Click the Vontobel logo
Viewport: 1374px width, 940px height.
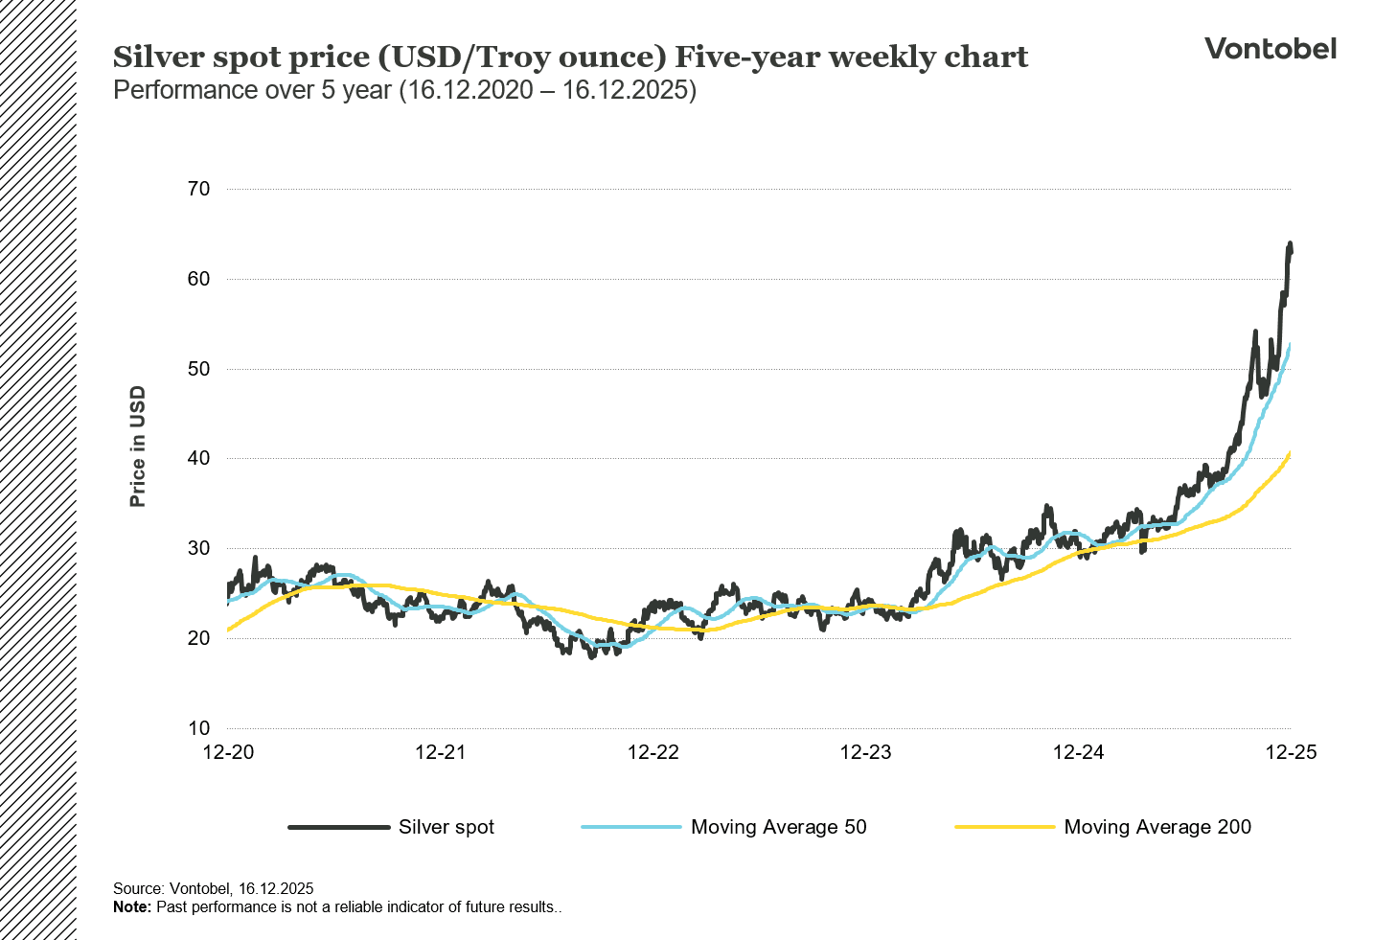(x=1270, y=49)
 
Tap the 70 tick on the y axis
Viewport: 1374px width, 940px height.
(x=198, y=189)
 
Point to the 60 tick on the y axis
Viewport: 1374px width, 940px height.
(x=198, y=279)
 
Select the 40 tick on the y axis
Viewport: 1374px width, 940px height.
(x=198, y=458)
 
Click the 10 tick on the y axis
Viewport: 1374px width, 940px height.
(x=198, y=728)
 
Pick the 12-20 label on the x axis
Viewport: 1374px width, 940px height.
(x=228, y=752)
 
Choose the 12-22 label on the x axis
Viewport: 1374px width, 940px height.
(x=653, y=752)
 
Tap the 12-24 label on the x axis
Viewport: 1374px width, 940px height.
(x=1078, y=752)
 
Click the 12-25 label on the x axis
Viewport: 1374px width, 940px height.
(x=1291, y=752)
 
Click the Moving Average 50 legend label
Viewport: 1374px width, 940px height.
(x=778, y=827)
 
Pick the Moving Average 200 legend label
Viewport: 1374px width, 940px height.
(x=1156, y=827)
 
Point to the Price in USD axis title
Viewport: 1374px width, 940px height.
(x=138, y=447)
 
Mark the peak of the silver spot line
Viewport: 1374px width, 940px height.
(x=1290, y=244)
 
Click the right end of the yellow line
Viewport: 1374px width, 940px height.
(x=1291, y=451)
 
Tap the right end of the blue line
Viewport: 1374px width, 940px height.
(x=1291, y=344)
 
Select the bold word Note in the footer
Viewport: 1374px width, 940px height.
(x=131, y=906)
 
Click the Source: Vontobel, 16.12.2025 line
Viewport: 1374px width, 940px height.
(x=213, y=888)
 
